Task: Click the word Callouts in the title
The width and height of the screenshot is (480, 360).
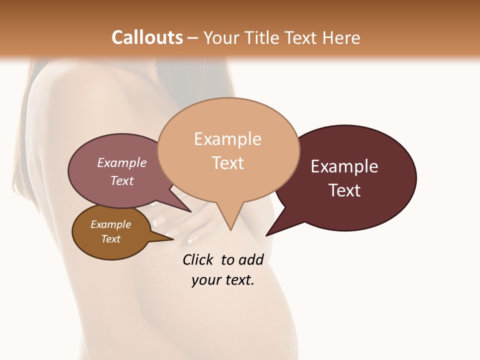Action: [x=147, y=38]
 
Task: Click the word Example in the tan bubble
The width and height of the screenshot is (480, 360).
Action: [x=227, y=139]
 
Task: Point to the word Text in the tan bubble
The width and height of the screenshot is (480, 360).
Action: [x=227, y=163]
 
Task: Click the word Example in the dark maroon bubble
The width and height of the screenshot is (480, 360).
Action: [x=344, y=166]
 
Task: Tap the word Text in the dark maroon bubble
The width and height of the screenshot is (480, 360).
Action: [x=344, y=190]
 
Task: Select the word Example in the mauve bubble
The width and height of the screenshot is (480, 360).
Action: [x=121, y=163]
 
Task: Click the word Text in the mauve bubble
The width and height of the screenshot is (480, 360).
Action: [x=121, y=180]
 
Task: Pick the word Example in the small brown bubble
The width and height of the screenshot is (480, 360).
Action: [x=110, y=224]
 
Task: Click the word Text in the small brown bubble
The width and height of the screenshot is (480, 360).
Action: [x=110, y=239]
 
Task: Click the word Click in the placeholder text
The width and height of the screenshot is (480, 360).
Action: [x=197, y=259]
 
